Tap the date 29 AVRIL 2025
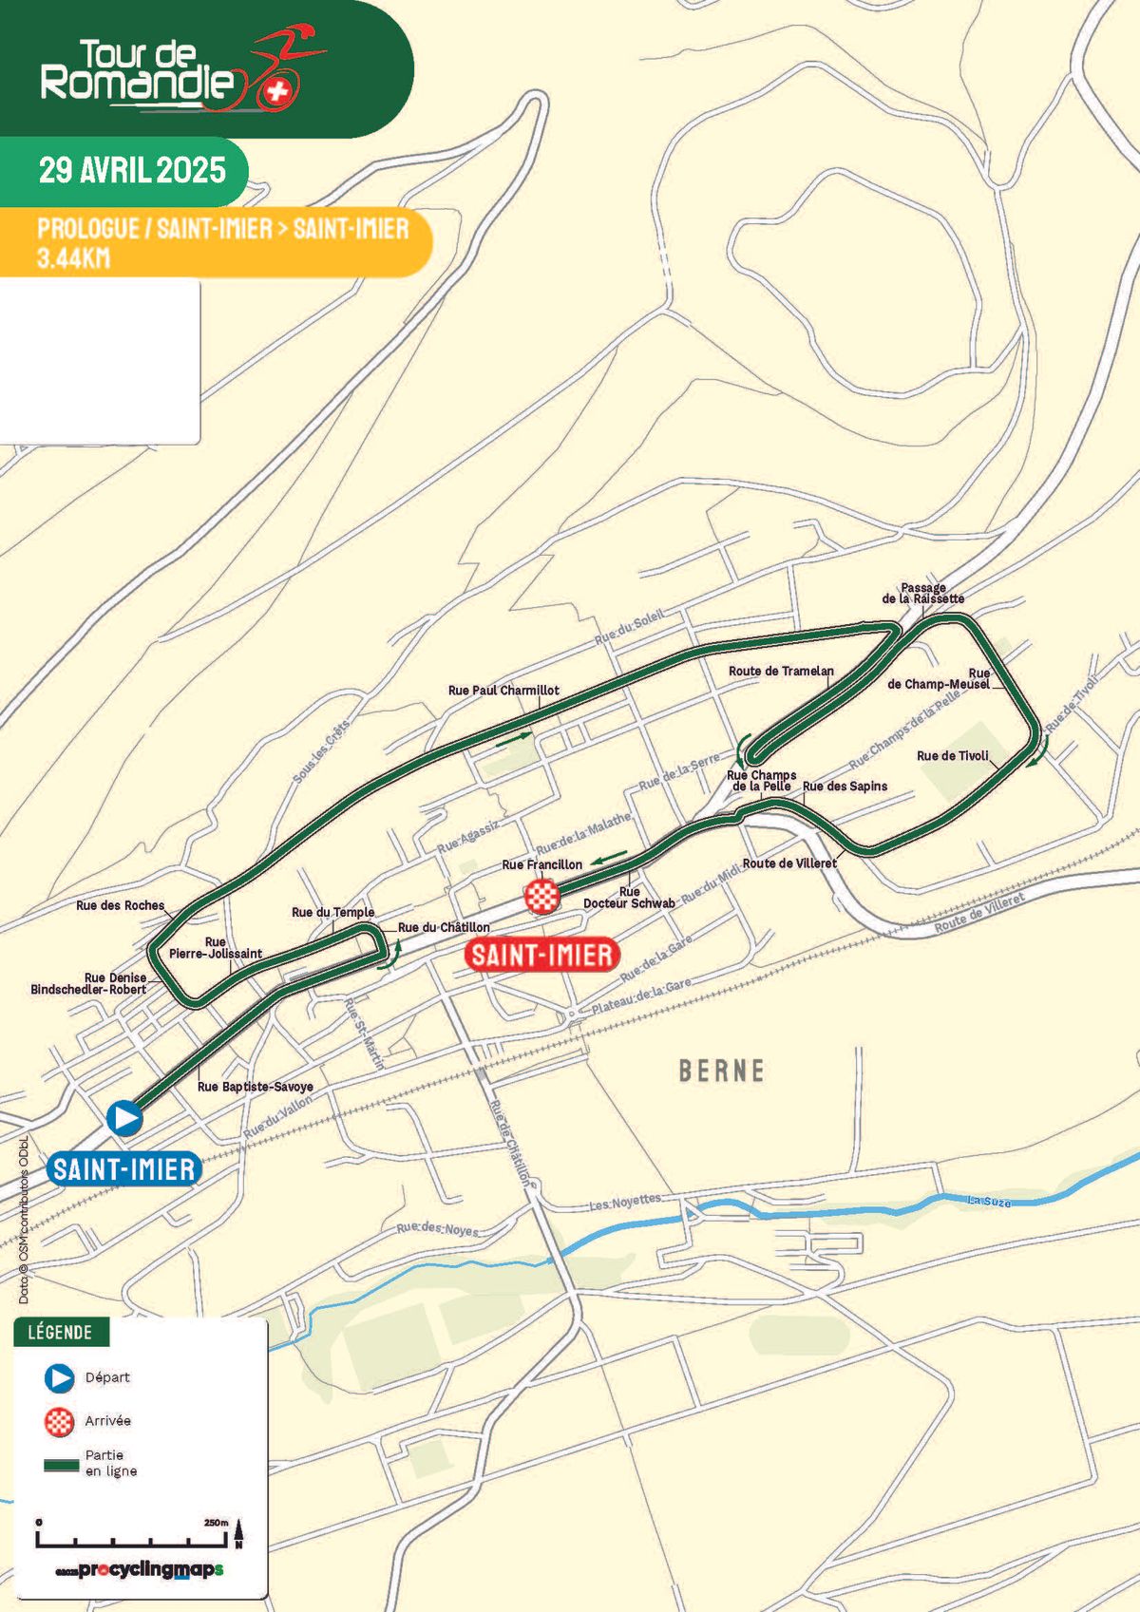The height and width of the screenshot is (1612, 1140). pyautogui.click(x=132, y=171)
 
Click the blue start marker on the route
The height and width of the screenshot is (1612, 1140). pyautogui.click(x=124, y=1118)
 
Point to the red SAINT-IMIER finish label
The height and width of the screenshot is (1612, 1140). pyautogui.click(x=541, y=954)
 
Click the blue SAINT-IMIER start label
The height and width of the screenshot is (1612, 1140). pyautogui.click(x=124, y=1169)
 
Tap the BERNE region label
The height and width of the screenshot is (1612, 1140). pyautogui.click(x=721, y=1072)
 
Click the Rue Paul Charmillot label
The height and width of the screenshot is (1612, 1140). pyautogui.click(x=503, y=691)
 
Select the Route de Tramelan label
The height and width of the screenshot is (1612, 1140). pyautogui.click(x=781, y=671)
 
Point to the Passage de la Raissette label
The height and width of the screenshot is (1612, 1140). pyautogui.click(x=922, y=594)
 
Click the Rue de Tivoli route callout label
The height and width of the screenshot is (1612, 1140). pyautogui.click(x=952, y=756)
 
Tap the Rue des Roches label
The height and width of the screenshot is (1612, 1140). pyautogui.click(x=120, y=905)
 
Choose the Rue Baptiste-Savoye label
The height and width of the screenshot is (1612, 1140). pyautogui.click(x=255, y=1087)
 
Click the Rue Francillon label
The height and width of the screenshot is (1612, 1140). pyautogui.click(x=541, y=864)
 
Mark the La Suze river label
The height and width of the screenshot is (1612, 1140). pyautogui.click(x=988, y=1202)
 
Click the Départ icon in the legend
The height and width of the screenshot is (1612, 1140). pyautogui.click(x=59, y=1377)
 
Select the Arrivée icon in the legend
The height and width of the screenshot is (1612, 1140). pyautogui.click(x=59, y=1421)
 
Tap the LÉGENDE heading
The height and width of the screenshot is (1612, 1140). pyautogui.click(x=60, y=1332)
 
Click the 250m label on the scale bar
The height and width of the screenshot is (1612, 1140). pyautogui.click(x=216, y=1523)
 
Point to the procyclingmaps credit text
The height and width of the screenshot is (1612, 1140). pyautogui.click(x=139, y=1570)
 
